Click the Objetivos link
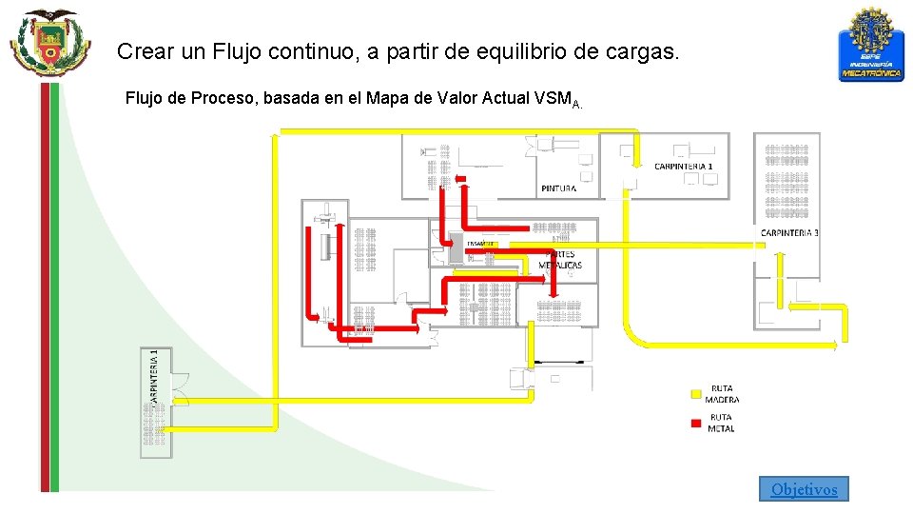[x=804, y=489]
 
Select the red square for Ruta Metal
[x=696, y=423]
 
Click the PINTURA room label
[x=558, y=188]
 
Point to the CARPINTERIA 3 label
[x=789, y=233]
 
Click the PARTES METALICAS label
[x=560, y=260]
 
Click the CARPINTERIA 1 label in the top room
[x=683, y=167]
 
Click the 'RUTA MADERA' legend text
[x=722, y=394]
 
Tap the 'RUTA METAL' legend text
[x=722, y=423]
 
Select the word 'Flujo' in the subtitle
[x=145, y=98]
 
